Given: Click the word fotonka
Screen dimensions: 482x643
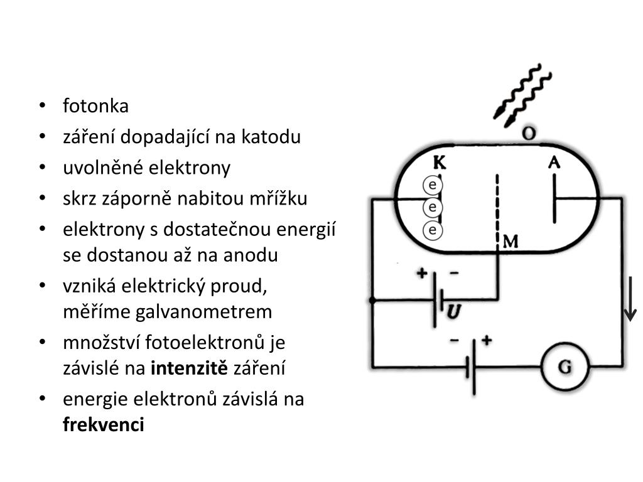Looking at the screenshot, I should click(95, 106).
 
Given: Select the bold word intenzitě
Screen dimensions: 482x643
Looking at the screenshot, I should click(190, 368).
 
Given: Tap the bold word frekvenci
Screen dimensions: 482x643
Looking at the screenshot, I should click(104, 425).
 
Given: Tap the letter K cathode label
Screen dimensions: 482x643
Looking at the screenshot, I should click(440, 163).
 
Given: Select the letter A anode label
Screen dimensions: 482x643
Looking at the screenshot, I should click(554, 163).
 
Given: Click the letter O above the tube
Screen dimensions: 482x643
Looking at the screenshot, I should click(529, 133).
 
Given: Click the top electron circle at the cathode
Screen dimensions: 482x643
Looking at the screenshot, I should click(432, 185).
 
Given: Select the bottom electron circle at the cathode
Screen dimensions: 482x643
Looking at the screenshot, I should click(432, 230).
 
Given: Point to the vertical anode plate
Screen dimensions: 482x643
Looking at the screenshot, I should click(554, 198).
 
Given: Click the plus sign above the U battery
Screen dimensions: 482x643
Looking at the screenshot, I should click(422, 274).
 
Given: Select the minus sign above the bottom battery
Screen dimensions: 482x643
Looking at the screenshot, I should click(454, 341).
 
